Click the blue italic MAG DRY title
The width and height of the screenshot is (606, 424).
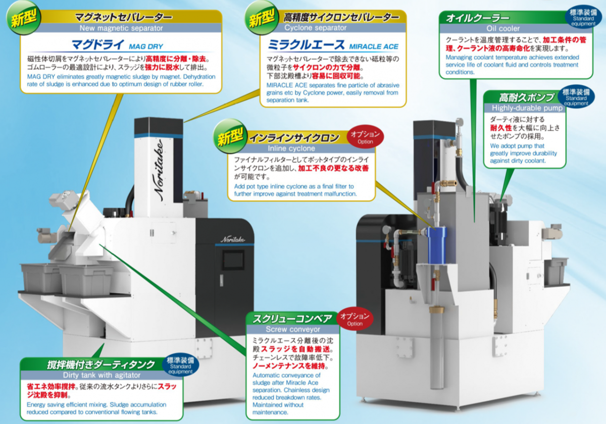coord(146,46)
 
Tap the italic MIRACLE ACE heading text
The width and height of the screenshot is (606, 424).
coord(374,46)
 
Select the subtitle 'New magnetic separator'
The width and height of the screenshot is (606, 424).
coord(121,28)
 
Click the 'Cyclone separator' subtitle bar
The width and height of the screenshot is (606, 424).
coord(315,28)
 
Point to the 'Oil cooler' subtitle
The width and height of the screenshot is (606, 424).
coord(503,28)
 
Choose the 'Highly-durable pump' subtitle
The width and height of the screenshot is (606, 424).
coord(527,108)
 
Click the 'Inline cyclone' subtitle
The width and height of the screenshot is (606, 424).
coord(291,148)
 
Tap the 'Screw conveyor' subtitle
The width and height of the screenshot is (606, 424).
coord(293,329)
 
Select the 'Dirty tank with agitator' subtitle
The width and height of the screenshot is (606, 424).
coord(102,375)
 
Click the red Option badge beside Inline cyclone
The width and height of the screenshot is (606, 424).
coord(365,138)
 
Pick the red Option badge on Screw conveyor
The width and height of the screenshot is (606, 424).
coord(355,320)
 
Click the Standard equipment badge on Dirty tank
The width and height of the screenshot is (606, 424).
coord(180,365)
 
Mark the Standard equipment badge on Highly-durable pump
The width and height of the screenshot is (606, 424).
coord(576,97)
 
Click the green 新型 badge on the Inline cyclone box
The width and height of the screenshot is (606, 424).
coord(230,136)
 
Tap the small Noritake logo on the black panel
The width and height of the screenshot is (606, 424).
coord(233,239)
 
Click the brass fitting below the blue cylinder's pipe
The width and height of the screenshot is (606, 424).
coord(436,309)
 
